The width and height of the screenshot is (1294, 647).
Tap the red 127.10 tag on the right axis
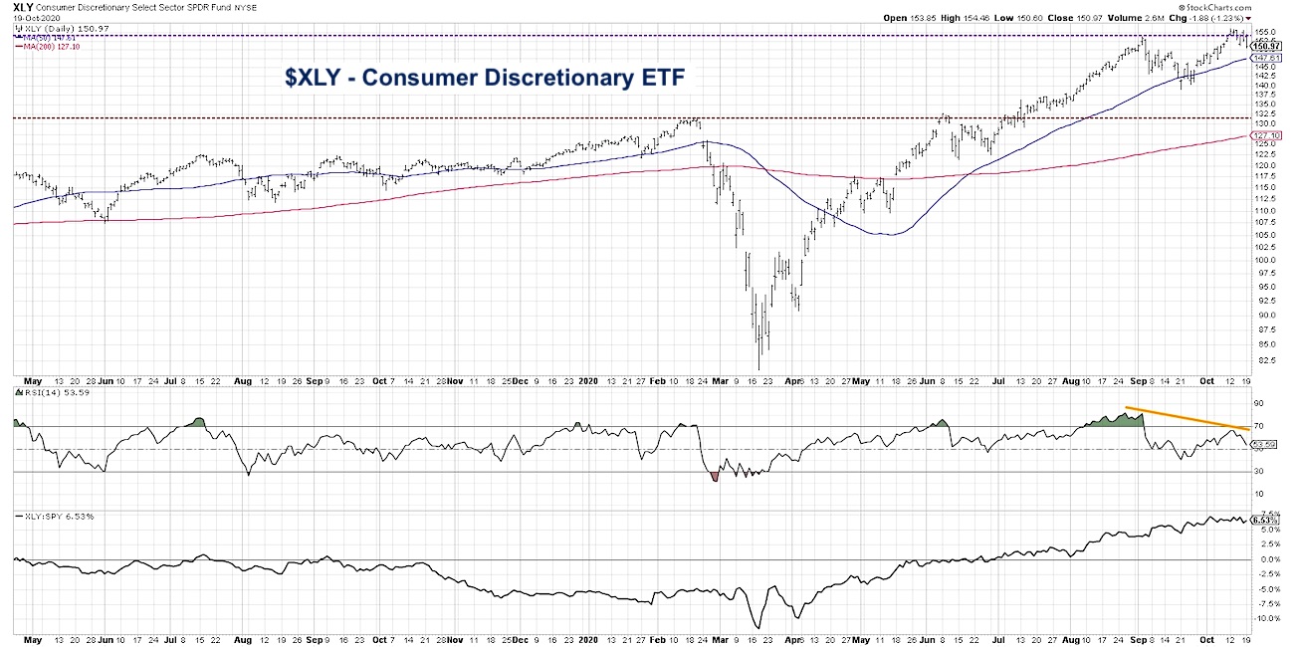[1265, 135]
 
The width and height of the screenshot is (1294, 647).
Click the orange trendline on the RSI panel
[1185, 417]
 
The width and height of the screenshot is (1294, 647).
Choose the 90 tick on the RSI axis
[1259, 403]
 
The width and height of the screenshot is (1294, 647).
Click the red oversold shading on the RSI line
[716, 477]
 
